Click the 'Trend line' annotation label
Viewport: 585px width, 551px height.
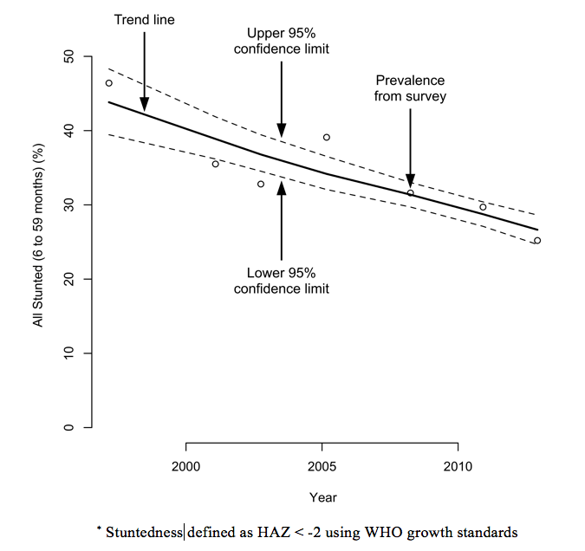coord(145,18)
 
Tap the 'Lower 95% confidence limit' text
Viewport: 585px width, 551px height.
coord(282,280)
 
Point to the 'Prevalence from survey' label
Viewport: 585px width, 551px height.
coord(410,88)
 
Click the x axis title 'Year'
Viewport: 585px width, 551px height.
coord(322,498)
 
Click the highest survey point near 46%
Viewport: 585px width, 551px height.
coord(108,83)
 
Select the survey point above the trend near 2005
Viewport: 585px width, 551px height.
coord(327,137)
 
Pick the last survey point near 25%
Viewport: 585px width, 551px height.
coord(537,240)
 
